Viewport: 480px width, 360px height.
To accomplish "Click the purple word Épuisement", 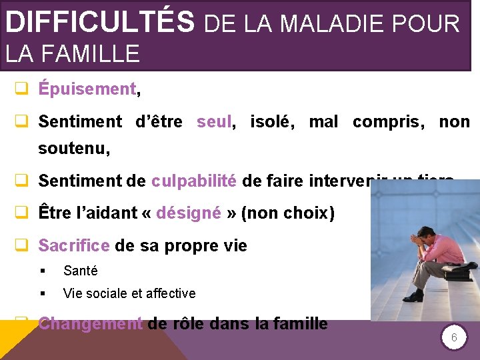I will (87, 89).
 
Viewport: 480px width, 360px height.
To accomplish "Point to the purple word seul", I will (214, 122).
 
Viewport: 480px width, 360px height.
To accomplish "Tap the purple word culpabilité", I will (193, 181).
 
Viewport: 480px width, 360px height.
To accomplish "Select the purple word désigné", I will (188, 213).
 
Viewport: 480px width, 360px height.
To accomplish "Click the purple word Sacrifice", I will (74, 246).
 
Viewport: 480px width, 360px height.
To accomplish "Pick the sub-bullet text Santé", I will (80, 271).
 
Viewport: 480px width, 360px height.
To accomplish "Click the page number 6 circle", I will (454, 338).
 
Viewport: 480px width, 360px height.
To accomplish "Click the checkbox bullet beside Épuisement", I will (21, 89).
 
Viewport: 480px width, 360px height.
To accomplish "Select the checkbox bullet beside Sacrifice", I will (21, 247).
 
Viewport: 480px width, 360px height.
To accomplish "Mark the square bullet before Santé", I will (42, 271).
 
